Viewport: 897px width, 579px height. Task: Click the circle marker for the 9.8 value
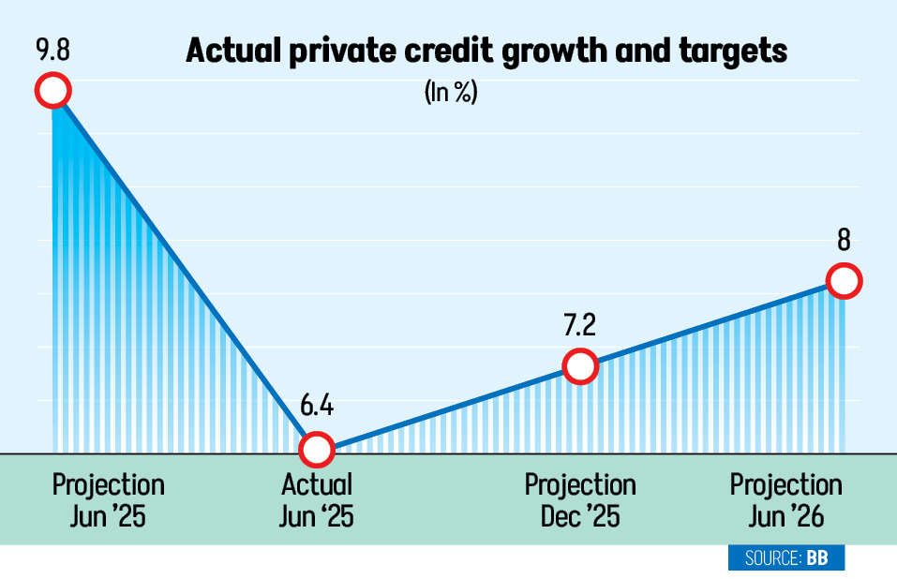(x=52, y=91)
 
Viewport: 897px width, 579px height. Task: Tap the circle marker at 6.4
(x=316, y=449)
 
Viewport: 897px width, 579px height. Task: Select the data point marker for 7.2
(x=580, y=366)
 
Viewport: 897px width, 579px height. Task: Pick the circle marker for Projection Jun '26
(x=844, y=281)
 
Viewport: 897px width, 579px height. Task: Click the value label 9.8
(x=52, y=49)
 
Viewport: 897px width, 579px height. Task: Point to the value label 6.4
(x=316, y=408)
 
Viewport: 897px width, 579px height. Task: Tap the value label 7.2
(x=580, y=325)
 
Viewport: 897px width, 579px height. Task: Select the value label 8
(x=844, y=241)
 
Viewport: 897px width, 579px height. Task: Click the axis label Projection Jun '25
(x=108, y=500)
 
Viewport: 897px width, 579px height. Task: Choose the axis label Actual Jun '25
(x=317, y=500)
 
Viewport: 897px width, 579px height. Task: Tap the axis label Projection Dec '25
(x=580, y=500)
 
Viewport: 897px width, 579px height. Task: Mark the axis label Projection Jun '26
(x=785, y=500)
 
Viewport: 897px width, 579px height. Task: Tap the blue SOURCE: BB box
(x=785, y=558)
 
